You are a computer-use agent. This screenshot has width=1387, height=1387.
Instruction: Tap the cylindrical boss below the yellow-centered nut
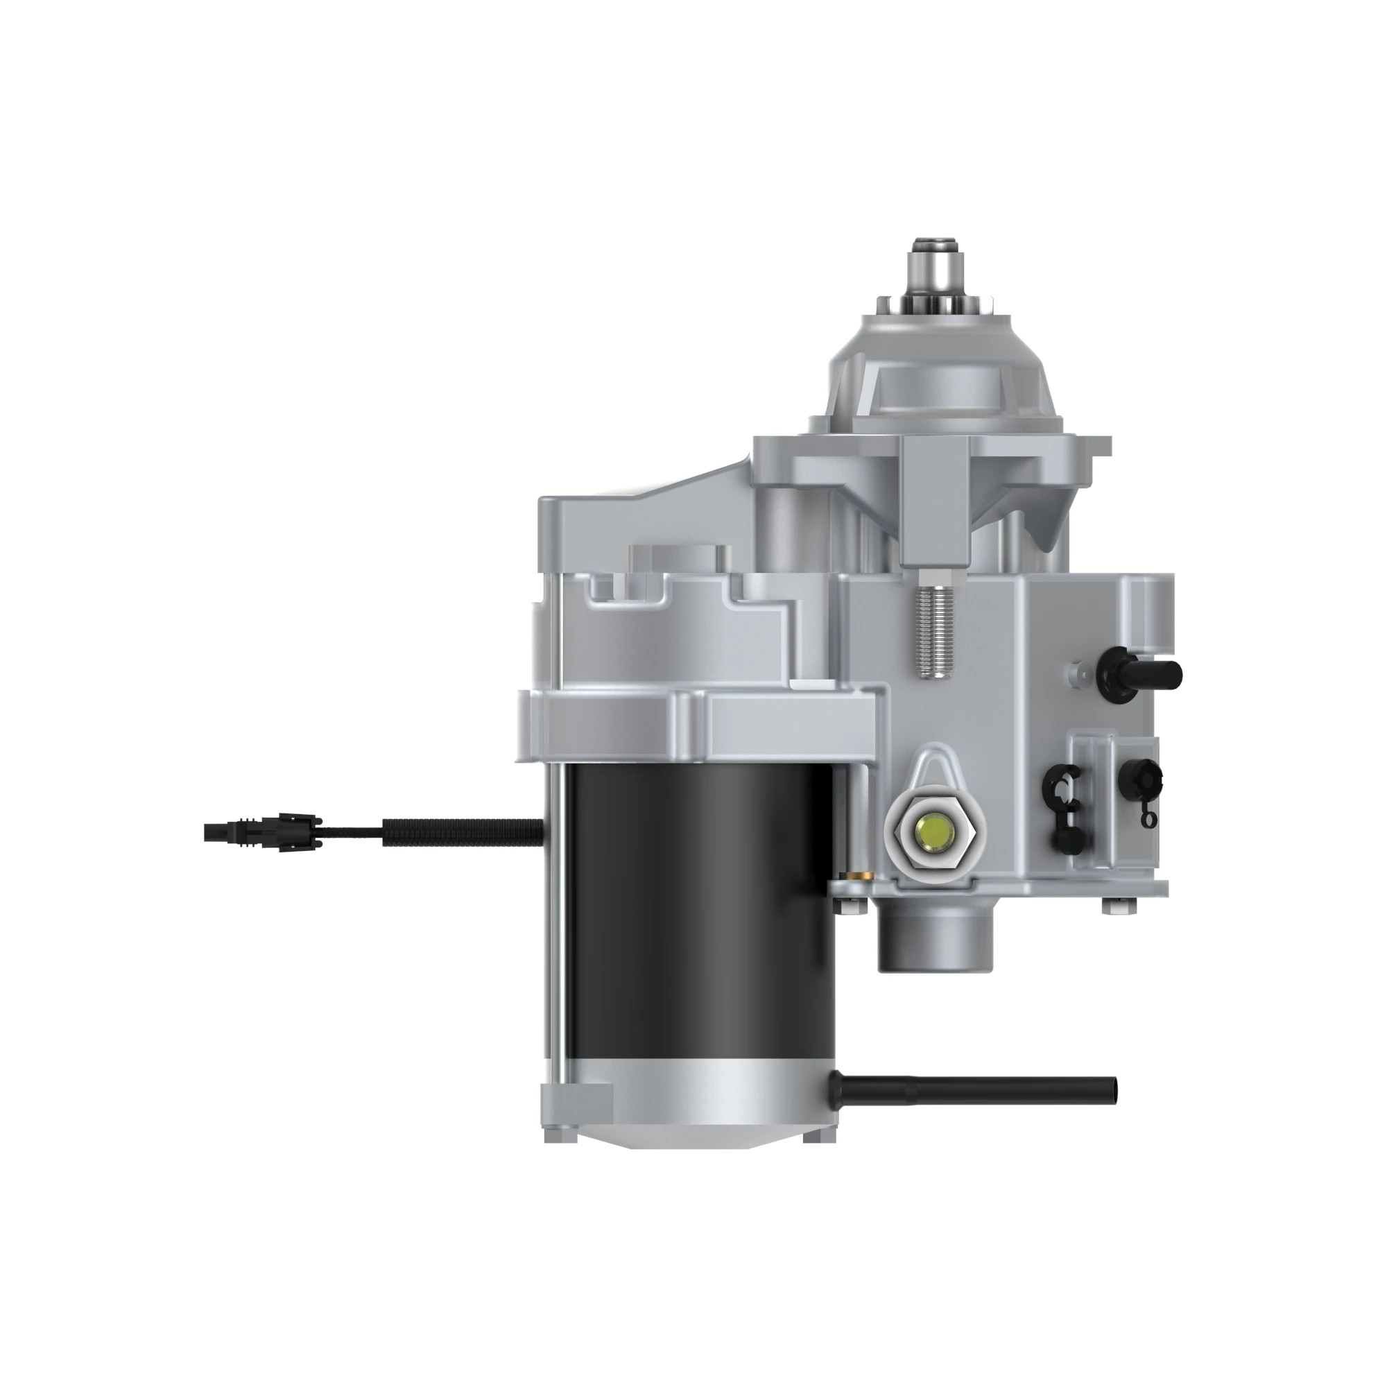pos(933,937)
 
